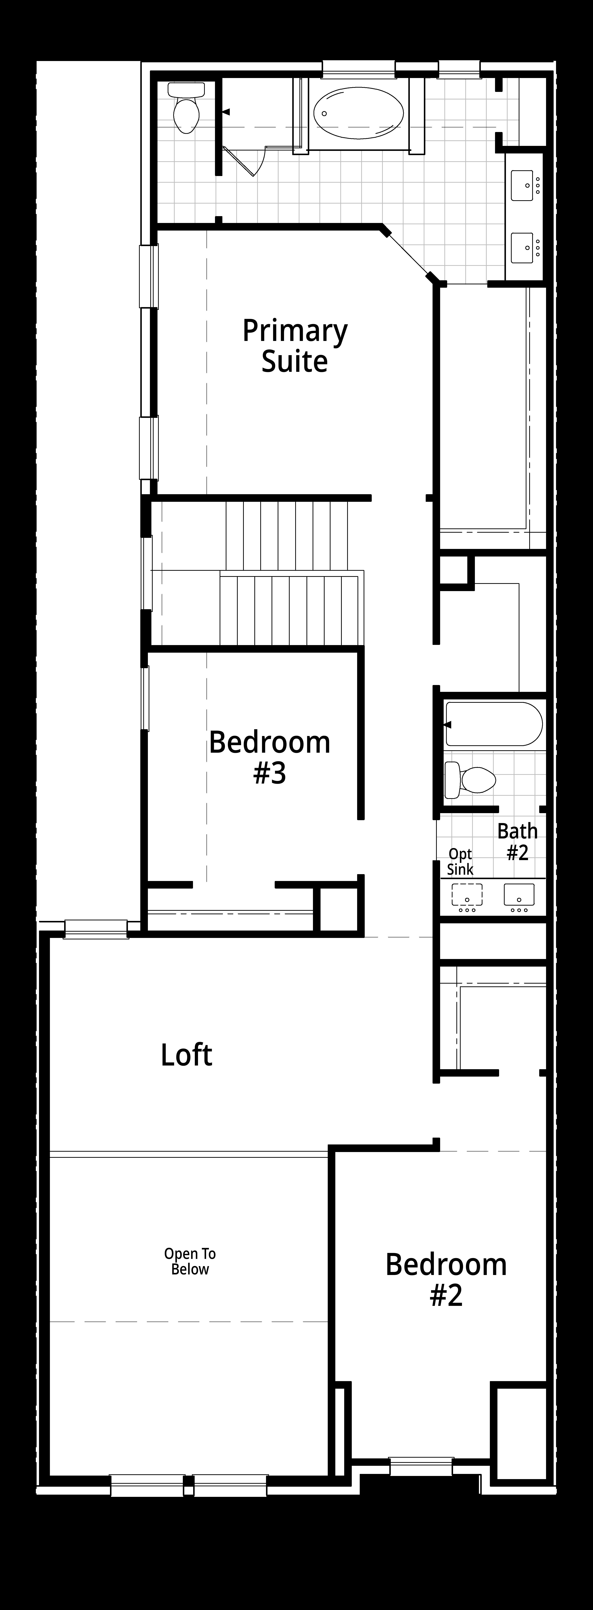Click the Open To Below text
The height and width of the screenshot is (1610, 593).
point(190,1261)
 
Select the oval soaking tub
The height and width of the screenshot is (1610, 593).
point(358,112)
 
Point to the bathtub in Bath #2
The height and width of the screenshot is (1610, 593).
point(494,724)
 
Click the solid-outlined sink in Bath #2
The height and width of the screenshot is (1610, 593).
point(519,894)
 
